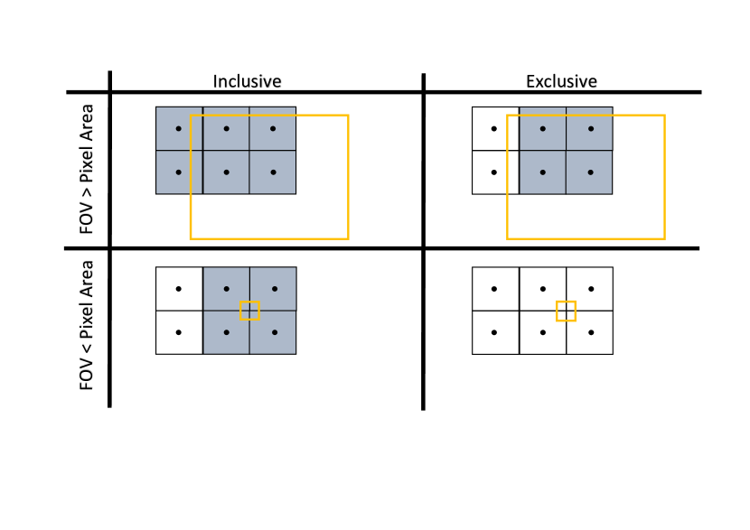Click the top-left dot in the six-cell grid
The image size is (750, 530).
(x=178, y=128)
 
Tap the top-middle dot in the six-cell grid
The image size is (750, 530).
(x=226, y=128)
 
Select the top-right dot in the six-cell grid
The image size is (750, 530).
(x=273, y=128)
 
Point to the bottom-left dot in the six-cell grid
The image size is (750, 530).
(x=178, y=172)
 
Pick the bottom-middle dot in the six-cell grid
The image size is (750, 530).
(x=226, y=172)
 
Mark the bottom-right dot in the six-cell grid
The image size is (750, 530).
(x=273, y=172)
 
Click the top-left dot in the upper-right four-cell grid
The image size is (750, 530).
(x=542, y=128)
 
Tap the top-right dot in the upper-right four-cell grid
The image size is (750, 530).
(x=591, y=128)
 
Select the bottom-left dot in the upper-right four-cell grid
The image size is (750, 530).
(x=542, y=172)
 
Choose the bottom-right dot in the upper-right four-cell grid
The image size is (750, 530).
(x=591, y=172)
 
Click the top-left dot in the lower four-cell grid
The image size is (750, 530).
(x=226, y=289)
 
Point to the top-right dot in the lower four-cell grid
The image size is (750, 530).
(x=275, y=289)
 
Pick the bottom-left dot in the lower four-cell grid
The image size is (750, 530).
(x=226, y=332)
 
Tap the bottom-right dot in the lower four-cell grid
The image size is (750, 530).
(x=275, y=332)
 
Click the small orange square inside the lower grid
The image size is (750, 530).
(x=249, y=311)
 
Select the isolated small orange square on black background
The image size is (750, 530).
(x=566, y=311)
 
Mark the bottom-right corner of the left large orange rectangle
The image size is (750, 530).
(x=348, y=238)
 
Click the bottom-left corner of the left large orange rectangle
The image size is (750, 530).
(x=191, y=238)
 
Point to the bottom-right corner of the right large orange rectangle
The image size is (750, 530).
(x=664, y=238)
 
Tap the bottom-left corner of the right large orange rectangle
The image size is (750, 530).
(x=508, y=238)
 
